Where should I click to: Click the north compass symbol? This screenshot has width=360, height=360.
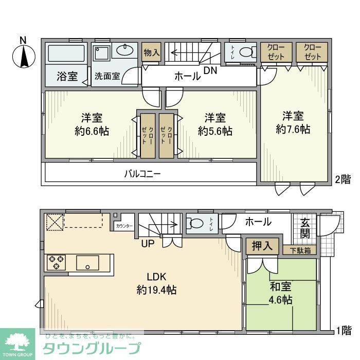pos(24,54)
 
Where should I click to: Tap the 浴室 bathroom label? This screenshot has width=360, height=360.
pos(67,77)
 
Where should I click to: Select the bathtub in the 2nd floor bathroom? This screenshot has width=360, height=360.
pos(66,53)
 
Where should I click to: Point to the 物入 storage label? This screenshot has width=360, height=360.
pos(152,52)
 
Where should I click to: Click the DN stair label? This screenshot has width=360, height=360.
pos(209,71)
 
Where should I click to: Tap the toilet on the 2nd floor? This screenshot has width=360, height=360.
pos(245,52)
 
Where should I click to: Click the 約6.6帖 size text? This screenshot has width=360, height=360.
pos(92,131)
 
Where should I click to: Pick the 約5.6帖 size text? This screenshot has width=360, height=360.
pos(215,131)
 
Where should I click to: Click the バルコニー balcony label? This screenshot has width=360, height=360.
pos(142,174)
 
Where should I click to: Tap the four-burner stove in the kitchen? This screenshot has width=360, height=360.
pos(56,262)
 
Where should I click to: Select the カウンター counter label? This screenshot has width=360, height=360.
pos(124,226)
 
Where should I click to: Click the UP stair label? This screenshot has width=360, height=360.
pos(148,243)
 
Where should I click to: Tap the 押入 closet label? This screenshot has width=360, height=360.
pos(262,246)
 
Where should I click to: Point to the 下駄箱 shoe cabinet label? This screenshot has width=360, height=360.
pos(299,250)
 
